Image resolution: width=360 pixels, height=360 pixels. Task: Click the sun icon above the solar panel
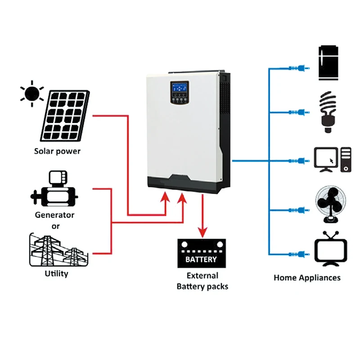32,94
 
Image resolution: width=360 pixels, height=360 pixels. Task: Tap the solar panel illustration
65,116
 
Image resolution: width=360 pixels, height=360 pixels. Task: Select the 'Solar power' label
57,151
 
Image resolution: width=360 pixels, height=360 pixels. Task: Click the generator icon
54,189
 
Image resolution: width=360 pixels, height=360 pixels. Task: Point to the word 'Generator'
54,215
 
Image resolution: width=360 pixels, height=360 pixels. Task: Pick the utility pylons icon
59,250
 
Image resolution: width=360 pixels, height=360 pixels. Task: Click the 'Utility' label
57,274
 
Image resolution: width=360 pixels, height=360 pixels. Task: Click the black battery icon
202,253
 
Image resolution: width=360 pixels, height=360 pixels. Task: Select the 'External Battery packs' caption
202,281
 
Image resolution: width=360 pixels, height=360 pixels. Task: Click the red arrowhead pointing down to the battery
202,232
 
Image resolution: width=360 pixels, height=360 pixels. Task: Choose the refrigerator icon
328,63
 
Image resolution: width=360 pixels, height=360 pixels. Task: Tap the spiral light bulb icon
328,112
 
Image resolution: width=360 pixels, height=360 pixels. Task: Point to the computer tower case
346,160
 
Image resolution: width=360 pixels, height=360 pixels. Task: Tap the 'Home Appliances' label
307,278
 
